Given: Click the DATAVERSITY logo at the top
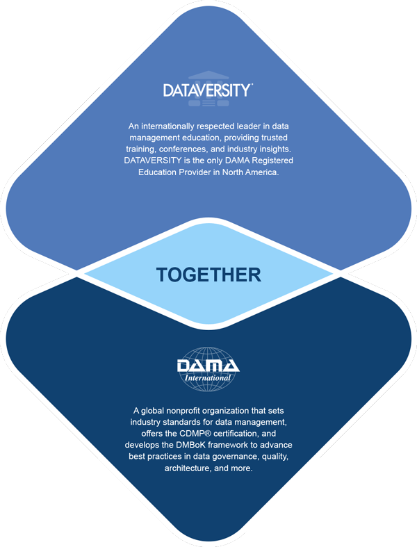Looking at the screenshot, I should click(x=208, y=91).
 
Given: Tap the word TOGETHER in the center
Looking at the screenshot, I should click(x=208, y=275).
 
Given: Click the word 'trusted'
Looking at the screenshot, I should click(x=272, y=138).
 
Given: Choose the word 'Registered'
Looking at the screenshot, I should click(x=261, y=162).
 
